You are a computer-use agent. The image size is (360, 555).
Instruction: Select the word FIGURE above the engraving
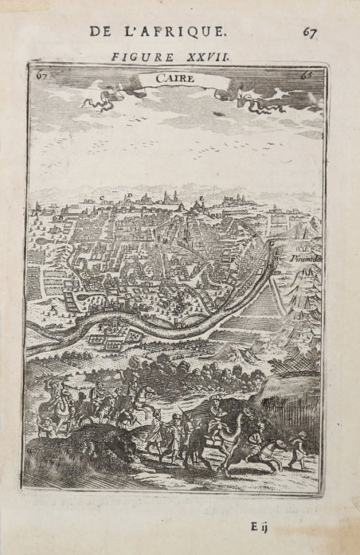(138, 57)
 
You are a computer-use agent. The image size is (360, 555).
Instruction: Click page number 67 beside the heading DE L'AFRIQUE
(310, 32)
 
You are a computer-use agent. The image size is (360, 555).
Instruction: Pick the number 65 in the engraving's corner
(306, 76)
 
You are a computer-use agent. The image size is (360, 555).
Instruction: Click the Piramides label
(307, 260)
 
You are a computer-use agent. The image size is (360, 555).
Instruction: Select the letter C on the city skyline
(101, 196)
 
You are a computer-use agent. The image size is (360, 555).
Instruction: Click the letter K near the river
(54, 305)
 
